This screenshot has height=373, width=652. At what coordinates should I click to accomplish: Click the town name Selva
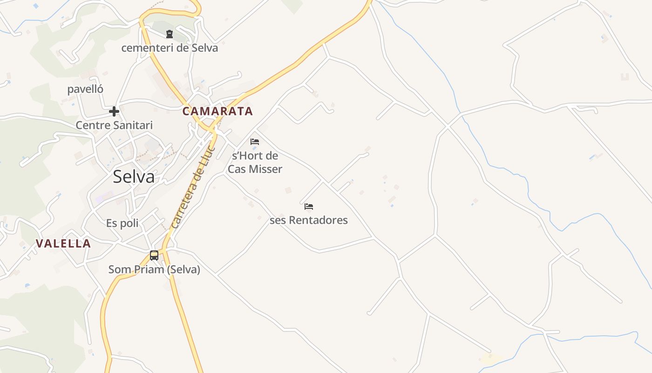pyautogui.click(x=134, y=177)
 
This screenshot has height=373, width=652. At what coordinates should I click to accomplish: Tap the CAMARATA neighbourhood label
pyautogui.click(x=217, y=111)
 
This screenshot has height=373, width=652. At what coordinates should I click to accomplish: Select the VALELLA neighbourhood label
pyautogui.click(x=63, y=243)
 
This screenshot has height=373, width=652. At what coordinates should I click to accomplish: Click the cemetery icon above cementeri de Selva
pyautogui.click(x=169, y=34)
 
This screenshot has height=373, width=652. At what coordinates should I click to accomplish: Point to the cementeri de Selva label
pyautogui.click(x=170, y=48)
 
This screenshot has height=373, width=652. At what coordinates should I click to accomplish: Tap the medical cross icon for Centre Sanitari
pyautogui.click(x=114, y=111)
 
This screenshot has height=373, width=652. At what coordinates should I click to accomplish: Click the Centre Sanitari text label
pyautogui.click(x=114, y=125)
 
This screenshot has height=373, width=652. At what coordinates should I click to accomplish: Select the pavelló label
pyautogui.click(x=85, y=89)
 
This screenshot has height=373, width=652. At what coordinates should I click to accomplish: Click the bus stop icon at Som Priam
pyautogui.click(x=154, y=255)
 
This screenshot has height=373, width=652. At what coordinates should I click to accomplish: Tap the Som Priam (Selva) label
pyautogui.click(x=154, y=269)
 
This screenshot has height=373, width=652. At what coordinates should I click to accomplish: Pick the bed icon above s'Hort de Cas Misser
pyautogui.click(x=255, y=141)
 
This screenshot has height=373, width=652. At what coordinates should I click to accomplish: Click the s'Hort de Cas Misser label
pyautogui.click(x=255, y=162)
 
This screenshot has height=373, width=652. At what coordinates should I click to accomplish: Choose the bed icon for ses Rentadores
pyautogui.click(x=309, y=206)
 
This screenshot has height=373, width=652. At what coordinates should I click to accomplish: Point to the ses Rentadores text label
pyautogui.click(x=309, y=220)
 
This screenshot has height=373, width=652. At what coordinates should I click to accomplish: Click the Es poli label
pyautogui.click(x=122, y=223)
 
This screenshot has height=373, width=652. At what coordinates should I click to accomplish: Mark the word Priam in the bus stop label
pyautogui.click(x=147, y=269)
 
